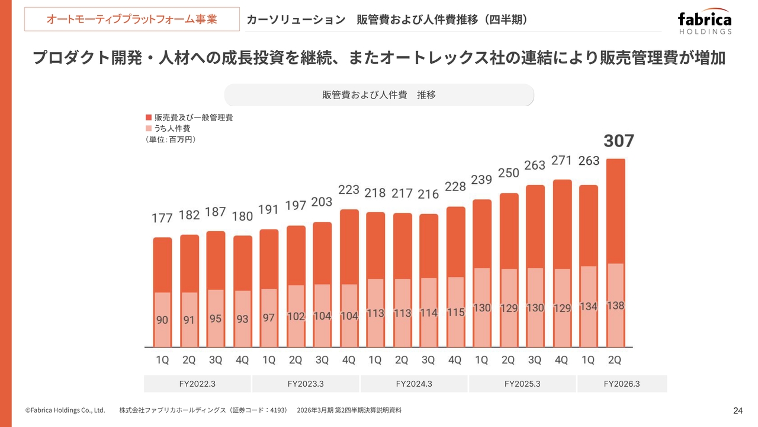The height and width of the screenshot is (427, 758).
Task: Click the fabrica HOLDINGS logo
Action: [705, 23]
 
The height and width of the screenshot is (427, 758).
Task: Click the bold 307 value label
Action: [618, 141]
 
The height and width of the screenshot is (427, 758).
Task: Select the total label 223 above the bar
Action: [349, 190]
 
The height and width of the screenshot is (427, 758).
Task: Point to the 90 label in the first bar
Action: [162, 320]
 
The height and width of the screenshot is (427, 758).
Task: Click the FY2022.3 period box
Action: [197, 384]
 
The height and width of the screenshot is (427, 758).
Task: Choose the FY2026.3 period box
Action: [622, 384]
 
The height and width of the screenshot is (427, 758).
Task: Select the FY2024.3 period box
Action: [414, 384]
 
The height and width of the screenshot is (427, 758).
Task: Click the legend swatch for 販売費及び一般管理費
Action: [149, 117]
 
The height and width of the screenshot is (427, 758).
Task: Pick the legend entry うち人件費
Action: [172, 128]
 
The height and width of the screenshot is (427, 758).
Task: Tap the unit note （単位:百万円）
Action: [171, 139]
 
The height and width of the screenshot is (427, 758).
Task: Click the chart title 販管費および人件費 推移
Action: [379, 95]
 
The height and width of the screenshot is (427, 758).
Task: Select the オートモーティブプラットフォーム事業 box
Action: [132, 19]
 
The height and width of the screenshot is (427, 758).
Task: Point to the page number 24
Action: [738, 410]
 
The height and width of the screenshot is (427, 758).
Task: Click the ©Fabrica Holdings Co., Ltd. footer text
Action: [65, 410]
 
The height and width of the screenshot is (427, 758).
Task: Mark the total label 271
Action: [561, 161]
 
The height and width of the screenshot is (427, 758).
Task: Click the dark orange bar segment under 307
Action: [616, 211]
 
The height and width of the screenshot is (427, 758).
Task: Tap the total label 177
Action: [162, 218]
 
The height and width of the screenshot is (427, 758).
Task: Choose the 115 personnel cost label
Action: [455, 313]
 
